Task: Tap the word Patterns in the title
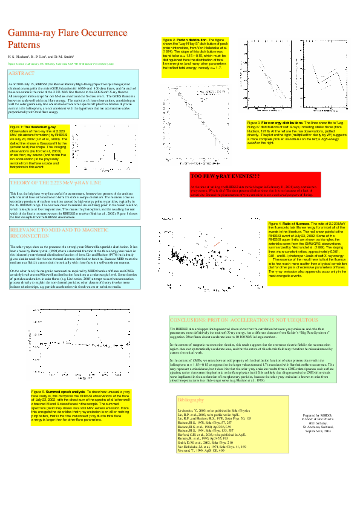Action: click(22, 44)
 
